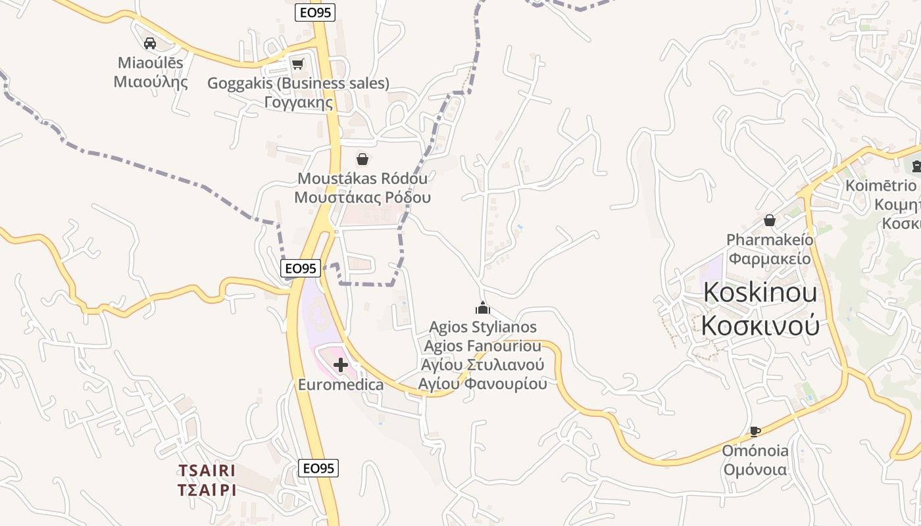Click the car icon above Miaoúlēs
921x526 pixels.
(150, 43)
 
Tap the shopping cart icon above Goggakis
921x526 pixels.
(297, 64)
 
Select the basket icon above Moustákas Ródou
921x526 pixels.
(362, 159)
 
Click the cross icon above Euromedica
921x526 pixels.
(341, 364)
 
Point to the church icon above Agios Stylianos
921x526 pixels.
(483, 308)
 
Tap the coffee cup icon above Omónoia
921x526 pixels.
(755, 431)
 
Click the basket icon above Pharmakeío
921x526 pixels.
(769, 220)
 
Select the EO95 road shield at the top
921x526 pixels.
(315, 12)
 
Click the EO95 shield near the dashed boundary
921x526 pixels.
(301, 268)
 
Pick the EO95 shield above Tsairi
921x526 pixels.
(318, 468)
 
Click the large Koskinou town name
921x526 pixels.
(760, 293)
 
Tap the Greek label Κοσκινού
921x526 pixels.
(760, 325)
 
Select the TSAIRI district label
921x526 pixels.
(207, 471)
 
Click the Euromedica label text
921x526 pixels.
(341, 385)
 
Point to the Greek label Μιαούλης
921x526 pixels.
(151, 82)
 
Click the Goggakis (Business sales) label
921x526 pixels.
(298, 84)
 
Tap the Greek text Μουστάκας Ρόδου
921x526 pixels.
(362, 197)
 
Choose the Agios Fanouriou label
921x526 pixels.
(483, 346)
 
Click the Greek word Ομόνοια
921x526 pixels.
(755, 469)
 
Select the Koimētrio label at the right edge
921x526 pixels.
(881, 185)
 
